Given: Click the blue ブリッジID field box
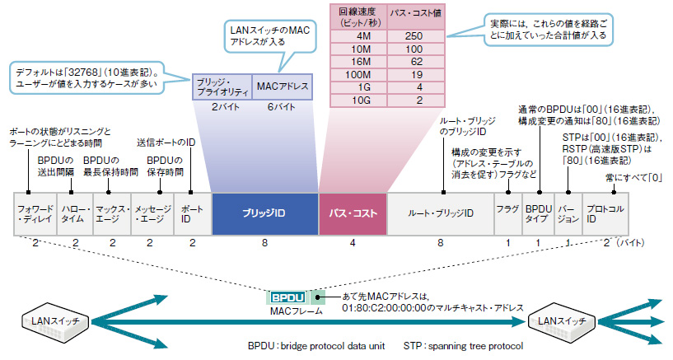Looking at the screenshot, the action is point(264,213).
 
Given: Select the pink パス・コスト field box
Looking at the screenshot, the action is point(353,213).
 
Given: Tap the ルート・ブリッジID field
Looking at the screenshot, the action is point(441,213).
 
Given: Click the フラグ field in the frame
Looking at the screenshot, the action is point(508,213).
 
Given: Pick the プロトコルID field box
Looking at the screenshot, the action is point(605,213).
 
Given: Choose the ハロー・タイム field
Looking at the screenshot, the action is point(75,213).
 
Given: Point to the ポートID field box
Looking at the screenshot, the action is point(193,213).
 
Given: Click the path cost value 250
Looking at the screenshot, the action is point(415,36).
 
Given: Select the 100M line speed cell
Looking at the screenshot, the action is point(359,75).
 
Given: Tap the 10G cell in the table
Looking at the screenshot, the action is point(359,101).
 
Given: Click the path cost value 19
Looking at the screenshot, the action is point(415,75).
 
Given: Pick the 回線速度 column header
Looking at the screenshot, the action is point(359,17).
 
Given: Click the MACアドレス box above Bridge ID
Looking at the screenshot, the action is point(283,86).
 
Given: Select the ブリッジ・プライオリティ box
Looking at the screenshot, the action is point(222,86).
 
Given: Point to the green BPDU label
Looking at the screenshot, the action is point(288,297).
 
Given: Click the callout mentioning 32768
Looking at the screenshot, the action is point(87,77).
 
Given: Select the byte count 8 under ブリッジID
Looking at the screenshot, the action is point(264,243).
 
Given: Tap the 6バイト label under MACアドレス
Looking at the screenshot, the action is point(282,107).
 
